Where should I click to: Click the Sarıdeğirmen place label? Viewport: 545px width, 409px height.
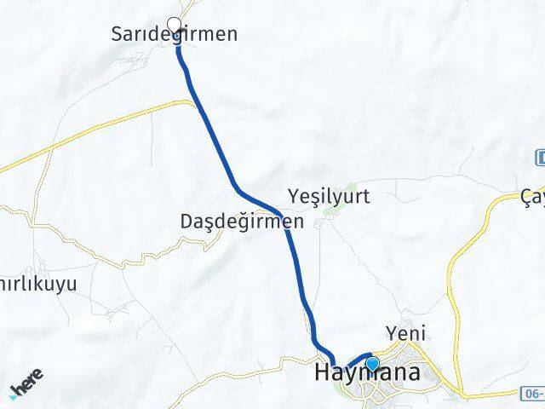tap(175, 35)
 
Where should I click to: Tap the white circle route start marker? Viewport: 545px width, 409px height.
tap(175, 24)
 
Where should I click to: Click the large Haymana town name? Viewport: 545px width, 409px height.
tap(366, 373)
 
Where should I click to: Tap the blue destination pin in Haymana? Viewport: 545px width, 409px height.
tap(371, 365)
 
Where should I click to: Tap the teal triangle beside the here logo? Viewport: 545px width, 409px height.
tap(14, 395)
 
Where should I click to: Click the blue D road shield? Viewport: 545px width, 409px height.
tap(540, 157)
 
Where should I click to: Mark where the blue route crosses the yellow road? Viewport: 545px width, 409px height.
tap(198, 104)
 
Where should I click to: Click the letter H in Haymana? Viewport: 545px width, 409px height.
tap(324, 373)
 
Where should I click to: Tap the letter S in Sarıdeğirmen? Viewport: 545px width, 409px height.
tap(118, 35)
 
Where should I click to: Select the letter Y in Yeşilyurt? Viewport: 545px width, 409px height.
tap(295, 197)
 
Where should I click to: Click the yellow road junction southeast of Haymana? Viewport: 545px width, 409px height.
tap(464, 394)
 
